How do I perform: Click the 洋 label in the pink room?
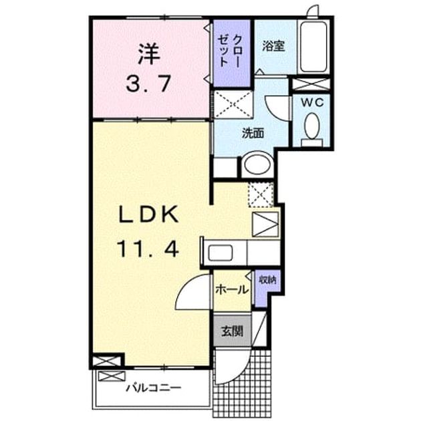pyautogui.click(x=149, y=54)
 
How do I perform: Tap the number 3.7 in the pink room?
pyautogui.click(x=148, y=84)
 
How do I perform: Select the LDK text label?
pyautogui.click(x=148, y=214)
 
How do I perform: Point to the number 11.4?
pyautogui.click(x=148, y=249)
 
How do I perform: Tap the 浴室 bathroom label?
pyautogui.click(x=273, y=46)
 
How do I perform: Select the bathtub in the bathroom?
pyautogui.click(x=313, y=47)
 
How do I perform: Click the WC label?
pyautogui.click(x=312, y=102)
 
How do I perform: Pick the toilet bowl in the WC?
pyautogui.click(x=312, y=126)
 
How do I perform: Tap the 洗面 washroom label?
pyautogui.click(x=253, y=133)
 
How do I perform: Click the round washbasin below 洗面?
pyautogui.click(x=257, y=164)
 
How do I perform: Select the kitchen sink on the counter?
pyautogui.click(x=220, y=253)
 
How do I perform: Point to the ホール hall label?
pyautogui.click(x=232, y=290)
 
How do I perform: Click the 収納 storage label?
pyautogui.click(x=267, y=280)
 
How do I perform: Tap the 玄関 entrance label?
pyautogui.click(x=233, y=331)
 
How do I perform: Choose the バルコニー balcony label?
pyautogui.click(x=154, y=388)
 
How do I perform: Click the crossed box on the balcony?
pyautogui.click(x=112, y=376)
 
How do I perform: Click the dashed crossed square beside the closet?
pyautogui.click(x=234, y=104)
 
